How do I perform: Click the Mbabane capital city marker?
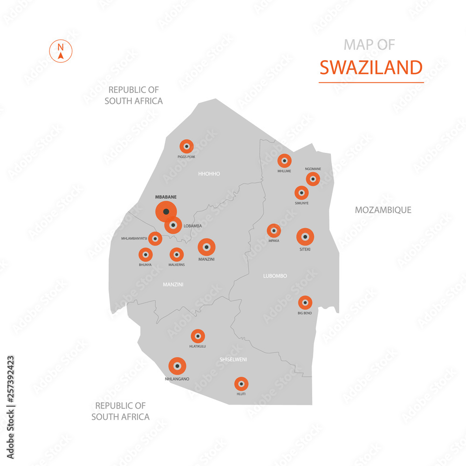pyautogui.click(x=166, y=212)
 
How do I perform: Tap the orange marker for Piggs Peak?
pyautogui.click(x=186, y=146)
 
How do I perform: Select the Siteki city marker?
pyautogui.click(x=305, y=237)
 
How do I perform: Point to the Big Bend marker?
pyautogui.click(x=305, y=302)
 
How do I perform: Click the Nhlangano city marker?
pyautogui.click(x=178, y=366)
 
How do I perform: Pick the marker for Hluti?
pyautogui.click(x=241, y=384)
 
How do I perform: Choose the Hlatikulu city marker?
pyautogui.click(x=198, y=336)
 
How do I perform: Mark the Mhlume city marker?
pyautogui.click(x=284, y=161)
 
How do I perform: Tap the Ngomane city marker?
pyautogui.click(x=313, y=178)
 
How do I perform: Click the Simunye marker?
pyautogui.click(x=302, y=192)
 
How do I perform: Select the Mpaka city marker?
pyautogui.click(x=274, y=230)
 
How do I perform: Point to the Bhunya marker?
pyautogui.click(x=145, y=254)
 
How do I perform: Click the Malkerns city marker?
pyautogui.click(x=176, y=254)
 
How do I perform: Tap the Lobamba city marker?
pyautogui.click(x=173, y=225)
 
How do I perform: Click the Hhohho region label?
pyautogui.click(x=209, y=174)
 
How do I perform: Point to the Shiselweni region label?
pyautogui.click(x=233, y=359)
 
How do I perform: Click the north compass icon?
pyautogui.click(x=61, y=51)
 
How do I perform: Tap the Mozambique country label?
pyautogui.click(x=383, y=210)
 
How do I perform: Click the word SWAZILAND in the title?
pyautogui.click(x=371, y=68)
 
